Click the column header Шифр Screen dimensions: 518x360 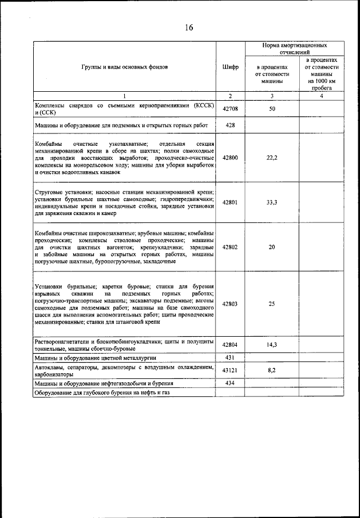coord(230,66)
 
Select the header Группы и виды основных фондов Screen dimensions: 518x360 coord(124,66)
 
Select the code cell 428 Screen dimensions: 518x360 coord(230,125)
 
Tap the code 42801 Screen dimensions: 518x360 coord(230,202)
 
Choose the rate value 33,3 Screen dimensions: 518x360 coord(271,202)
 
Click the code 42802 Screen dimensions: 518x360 coord(230,247)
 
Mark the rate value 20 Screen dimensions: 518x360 coord(271,247)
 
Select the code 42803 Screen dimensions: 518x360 coord(230,303)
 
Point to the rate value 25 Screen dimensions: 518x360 coord(271,303)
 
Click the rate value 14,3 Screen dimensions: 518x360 coord(271,345)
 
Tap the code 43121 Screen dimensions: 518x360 coord(230,369)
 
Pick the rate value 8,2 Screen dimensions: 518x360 coord(271,369)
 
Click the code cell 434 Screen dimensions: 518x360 coord(230,383)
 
